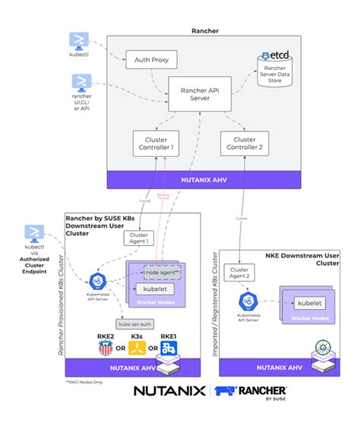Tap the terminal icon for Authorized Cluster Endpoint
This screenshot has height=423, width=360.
pyautogui.click(x=35, y=232)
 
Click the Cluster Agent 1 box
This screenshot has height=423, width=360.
pyautogui.click(x=140, y=238)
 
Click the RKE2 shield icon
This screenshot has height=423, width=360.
pyautogui.click(x=105, y=348)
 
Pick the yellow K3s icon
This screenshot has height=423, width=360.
pyautogui.click(x=137, y=348)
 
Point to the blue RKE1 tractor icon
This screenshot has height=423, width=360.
pyautogui.click(x=172, y=347)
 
